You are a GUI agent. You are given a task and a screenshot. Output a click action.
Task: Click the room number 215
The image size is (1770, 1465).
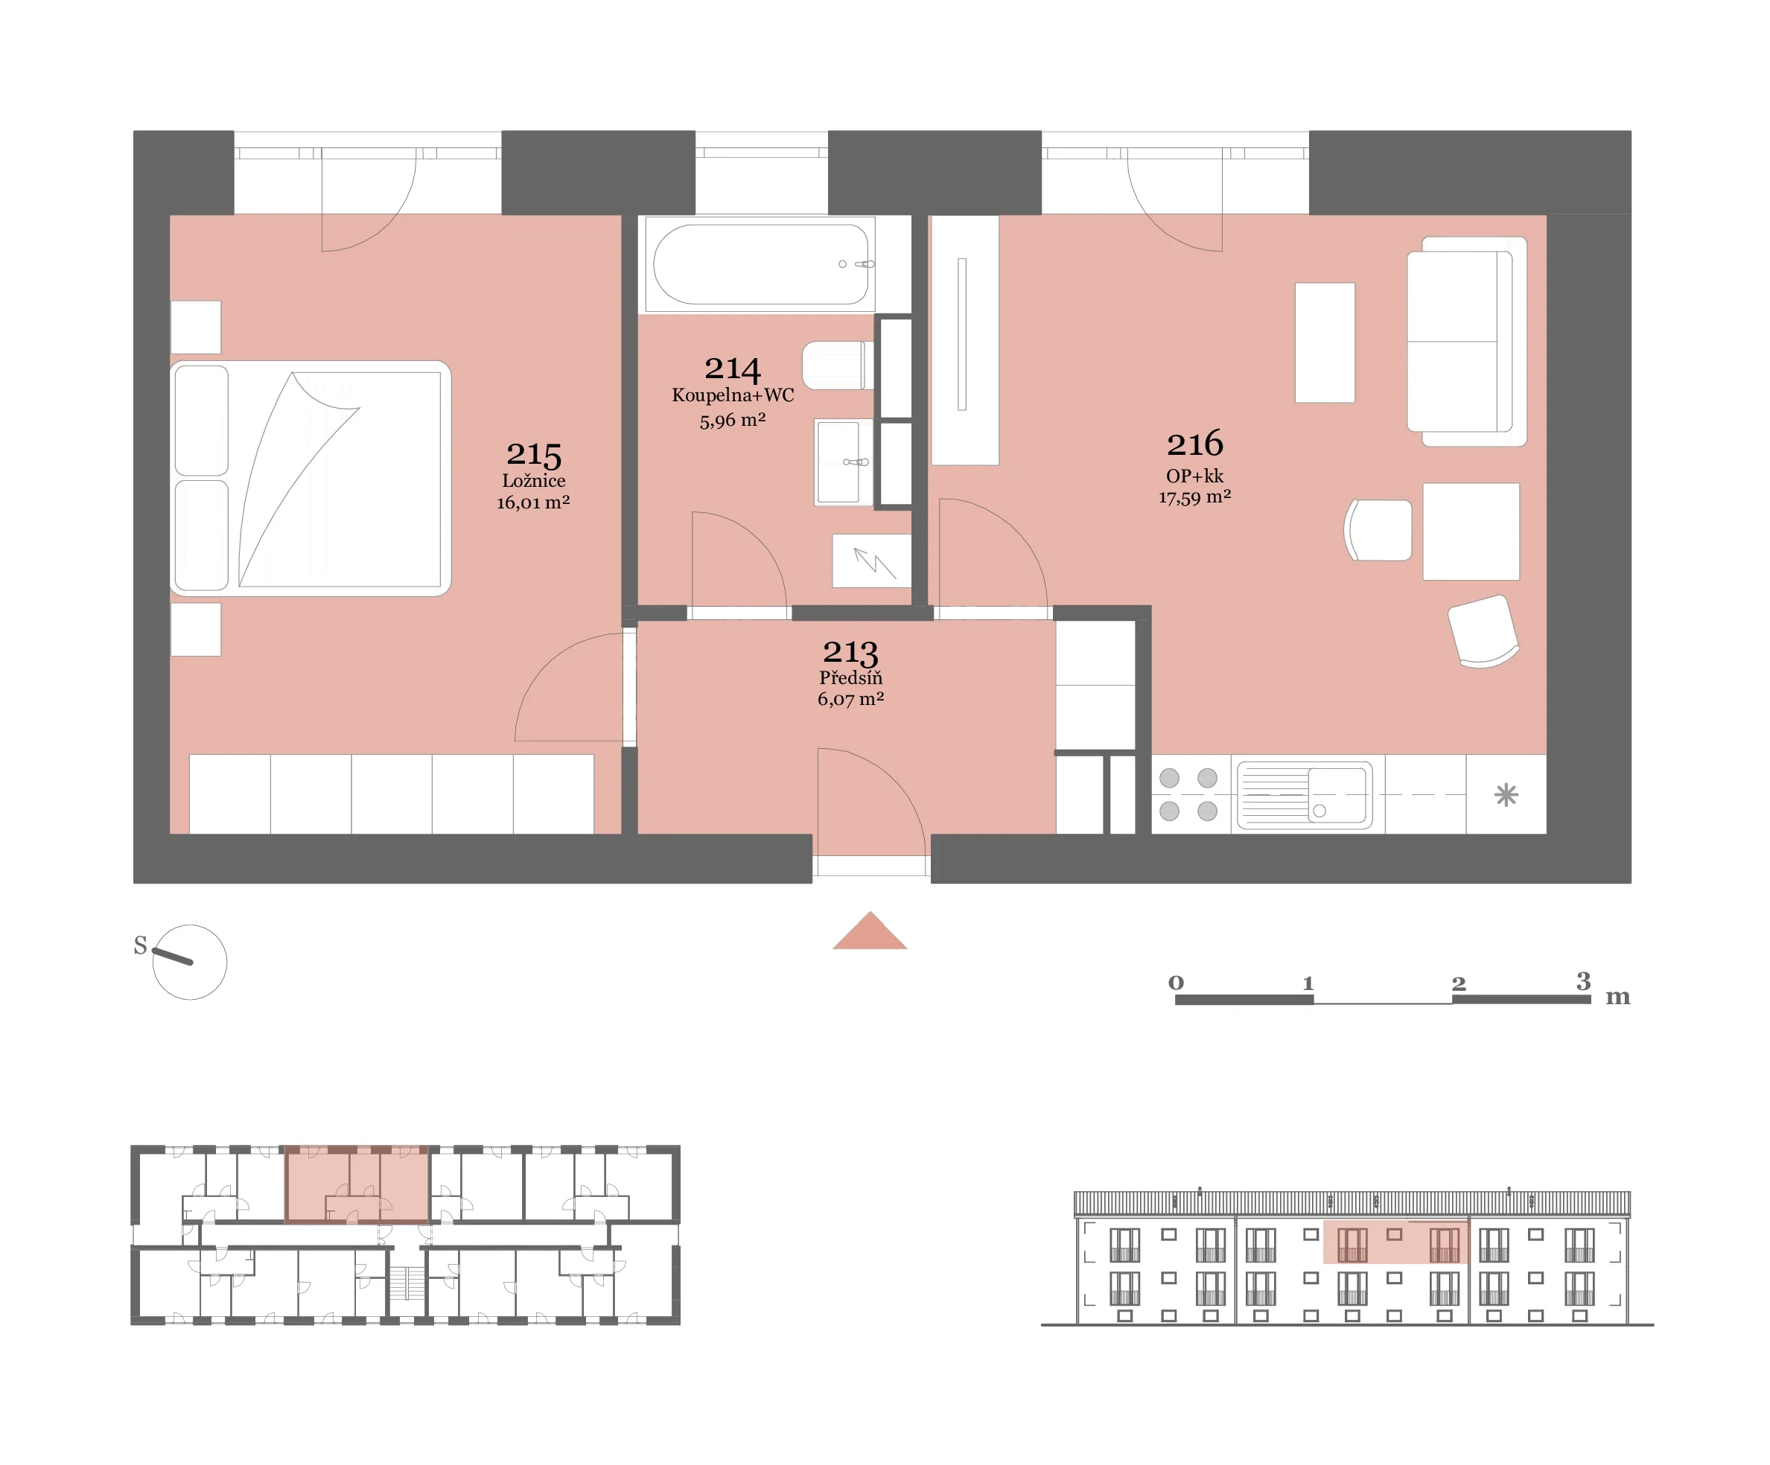533,455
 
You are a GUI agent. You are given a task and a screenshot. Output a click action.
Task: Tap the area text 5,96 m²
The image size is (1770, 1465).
733,420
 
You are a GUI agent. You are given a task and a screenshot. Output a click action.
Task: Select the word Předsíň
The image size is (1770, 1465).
850,677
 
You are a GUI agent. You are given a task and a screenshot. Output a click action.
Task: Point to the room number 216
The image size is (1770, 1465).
1194,443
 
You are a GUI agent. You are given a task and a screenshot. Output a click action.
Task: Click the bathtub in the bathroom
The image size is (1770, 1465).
760,264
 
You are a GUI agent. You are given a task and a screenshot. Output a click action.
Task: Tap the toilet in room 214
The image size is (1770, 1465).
838,365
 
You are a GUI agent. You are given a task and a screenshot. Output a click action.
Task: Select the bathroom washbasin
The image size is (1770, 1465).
843,462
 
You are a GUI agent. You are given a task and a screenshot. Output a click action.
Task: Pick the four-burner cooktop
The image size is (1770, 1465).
1188,794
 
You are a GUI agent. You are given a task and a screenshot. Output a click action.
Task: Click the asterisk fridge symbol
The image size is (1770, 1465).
1506,794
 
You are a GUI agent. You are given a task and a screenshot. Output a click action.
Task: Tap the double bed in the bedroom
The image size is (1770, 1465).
311,479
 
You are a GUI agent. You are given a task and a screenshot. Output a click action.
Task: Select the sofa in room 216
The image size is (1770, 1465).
1467,341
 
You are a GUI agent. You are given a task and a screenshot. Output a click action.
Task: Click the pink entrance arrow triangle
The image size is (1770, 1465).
869,931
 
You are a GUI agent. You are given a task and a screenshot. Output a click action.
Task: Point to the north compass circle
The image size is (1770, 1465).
190,962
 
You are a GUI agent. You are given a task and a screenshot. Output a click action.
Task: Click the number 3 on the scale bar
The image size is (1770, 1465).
1583,980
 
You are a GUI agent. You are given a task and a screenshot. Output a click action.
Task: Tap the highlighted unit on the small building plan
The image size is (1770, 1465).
357,1184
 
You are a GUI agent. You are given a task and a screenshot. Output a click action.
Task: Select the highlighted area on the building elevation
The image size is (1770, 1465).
1395,1242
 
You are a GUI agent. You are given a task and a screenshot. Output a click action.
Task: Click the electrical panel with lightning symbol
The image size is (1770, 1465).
871,561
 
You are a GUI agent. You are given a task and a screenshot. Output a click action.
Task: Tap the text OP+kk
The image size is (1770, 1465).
1194,476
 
